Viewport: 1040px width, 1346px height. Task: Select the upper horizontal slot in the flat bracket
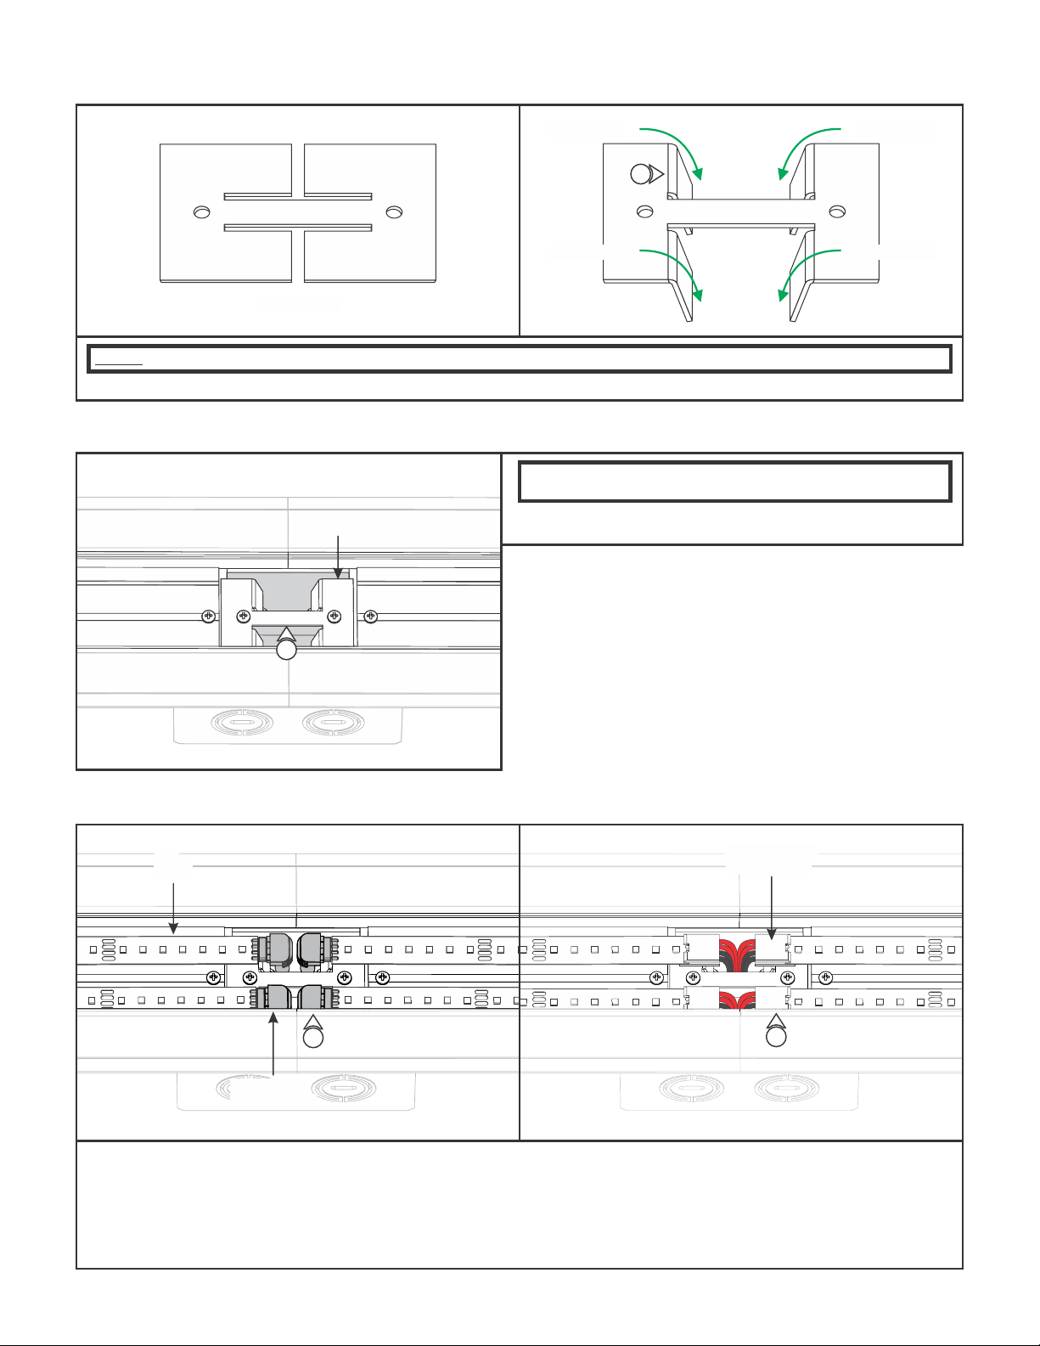tap(297, 196)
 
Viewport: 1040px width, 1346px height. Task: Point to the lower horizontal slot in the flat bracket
tap(297, 227)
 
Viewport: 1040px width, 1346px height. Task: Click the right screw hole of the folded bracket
tap(837, 211)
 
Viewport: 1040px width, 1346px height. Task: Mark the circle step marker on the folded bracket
tap(641, 174)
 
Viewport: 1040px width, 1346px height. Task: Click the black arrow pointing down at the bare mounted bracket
tap(339, 556)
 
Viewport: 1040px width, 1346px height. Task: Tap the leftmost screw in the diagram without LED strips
tap(206, 617)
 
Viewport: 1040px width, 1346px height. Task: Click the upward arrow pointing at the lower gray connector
tap(273, 1045)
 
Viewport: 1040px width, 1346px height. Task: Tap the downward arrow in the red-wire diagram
tap(771, 904)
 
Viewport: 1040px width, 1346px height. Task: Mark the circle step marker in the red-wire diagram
tap(776, 1038)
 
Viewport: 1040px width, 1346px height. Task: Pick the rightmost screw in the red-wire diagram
tap(826, 976)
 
